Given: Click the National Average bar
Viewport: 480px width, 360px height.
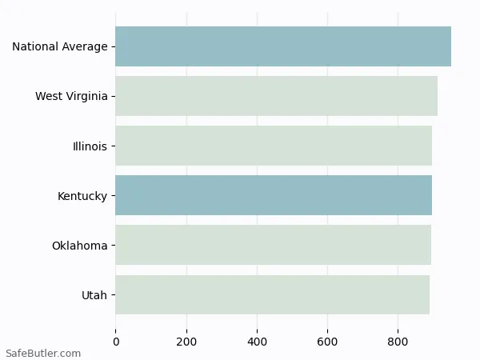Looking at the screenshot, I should pos(283,46).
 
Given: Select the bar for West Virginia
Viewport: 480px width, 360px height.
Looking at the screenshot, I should pos(276,96).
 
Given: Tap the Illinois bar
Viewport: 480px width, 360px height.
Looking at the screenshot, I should pos(274,146).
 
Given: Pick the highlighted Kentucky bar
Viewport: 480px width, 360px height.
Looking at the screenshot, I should pos(274,195).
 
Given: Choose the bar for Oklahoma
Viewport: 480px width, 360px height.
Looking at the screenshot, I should pos(273,245).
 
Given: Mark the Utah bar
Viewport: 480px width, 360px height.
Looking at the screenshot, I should pos(272,294).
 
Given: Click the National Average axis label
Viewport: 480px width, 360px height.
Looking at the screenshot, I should pos(59,47).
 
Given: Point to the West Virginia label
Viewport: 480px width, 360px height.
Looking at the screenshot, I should pos(71,97).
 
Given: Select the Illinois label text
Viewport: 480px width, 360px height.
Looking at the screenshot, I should pos(90,146).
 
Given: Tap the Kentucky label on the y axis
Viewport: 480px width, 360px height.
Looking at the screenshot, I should pos(82,196).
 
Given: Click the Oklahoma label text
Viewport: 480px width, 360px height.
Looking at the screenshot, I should pos(79,246).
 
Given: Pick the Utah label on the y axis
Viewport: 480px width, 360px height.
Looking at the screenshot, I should pos(94,295).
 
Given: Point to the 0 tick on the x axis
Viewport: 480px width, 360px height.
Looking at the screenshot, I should pos(116,342).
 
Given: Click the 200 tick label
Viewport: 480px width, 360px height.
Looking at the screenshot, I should pos(186,342).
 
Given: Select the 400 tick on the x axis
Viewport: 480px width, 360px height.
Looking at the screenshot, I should pos(257,342).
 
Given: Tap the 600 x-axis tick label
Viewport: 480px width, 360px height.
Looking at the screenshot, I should pos(327,342).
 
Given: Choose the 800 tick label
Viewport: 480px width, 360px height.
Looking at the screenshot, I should pos(398,342).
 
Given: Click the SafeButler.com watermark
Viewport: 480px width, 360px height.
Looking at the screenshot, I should pos(43,353).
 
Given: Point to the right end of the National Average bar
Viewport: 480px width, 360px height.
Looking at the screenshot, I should pos(450,46).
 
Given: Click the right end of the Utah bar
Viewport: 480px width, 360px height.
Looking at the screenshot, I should pos(428,294).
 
